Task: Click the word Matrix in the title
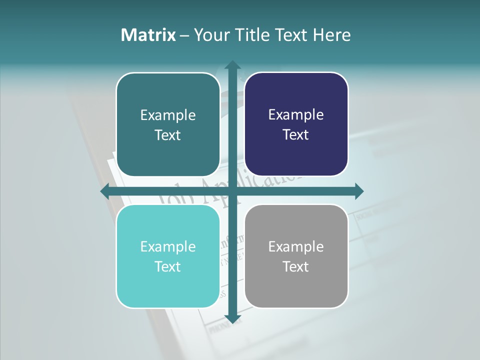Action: point(148,35)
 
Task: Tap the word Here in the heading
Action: point(331,35)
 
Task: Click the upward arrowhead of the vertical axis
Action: point(232,65)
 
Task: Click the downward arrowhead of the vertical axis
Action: point(232,318)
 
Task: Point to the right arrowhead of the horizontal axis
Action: point(358,191)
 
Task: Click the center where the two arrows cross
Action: point(232,191)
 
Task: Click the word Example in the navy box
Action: point(296,115)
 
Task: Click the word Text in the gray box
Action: point(296,266)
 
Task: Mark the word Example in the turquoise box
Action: point(168,246)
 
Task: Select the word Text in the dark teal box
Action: point(168,135)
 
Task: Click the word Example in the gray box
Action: point(296,246)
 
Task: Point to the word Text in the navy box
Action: point(296,135)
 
